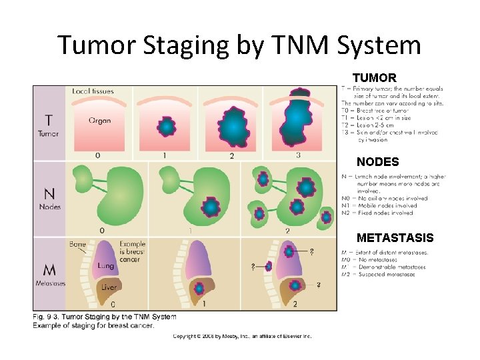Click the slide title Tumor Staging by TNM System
(239, 45)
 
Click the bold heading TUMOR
(374, 78)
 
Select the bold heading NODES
(377, 162)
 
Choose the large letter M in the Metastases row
(49, 270)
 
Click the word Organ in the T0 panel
(99, 121)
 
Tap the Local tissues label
(93, 91)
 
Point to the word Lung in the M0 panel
(105, 266)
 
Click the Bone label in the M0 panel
(77, 245)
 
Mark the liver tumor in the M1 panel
(198, 289)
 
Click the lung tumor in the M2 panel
(289, 252)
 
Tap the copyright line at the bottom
(242, 336)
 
